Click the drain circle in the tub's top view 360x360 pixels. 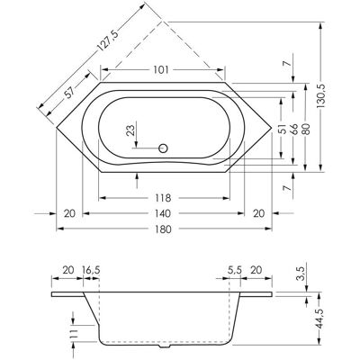coord(163,148)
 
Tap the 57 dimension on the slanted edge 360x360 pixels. coord(70,93)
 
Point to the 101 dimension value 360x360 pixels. coord(161,70)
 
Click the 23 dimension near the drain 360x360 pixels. coord(130,130)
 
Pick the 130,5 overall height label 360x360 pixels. coord(321,95)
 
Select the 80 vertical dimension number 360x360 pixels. coord(306,129)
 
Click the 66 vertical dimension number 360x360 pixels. coord(294,129)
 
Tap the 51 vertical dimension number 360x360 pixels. coord(282,129)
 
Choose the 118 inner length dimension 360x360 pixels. coord(164,198)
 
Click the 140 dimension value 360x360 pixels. coord(163,213)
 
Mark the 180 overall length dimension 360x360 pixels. coord(163,229)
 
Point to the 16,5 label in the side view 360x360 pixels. coord(91,270)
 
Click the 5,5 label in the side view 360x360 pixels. coord(234,270)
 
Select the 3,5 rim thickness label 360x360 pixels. coord(302,273)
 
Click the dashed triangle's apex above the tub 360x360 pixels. coord(162,22)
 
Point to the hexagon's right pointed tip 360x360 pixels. coord(272,128)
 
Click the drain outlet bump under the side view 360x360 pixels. coord(164,346)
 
